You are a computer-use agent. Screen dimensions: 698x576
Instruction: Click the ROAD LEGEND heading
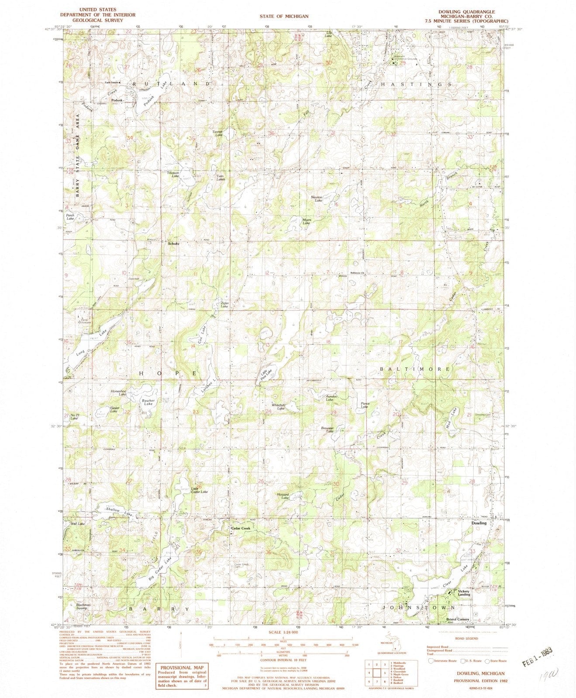coord(466,638)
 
